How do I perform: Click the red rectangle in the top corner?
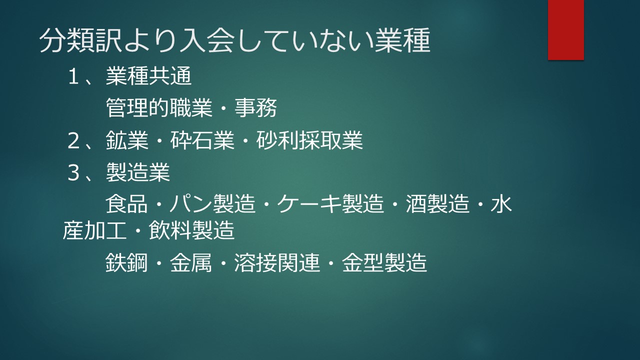(565, 29)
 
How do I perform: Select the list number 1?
(73, 76)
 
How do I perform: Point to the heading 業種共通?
(148, 76)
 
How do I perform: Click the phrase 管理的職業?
(159, 108)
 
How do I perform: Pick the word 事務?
(255, 108)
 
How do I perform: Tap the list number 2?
(73, 140)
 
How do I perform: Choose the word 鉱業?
(127, 140)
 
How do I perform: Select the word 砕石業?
(202, 140)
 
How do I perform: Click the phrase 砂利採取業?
(309, 140)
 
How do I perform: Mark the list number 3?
(73, 172)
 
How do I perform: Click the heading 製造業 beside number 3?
(138, 172)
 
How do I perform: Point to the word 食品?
(126, 204)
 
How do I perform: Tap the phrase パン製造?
(212, 204)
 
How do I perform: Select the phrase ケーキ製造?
(330, 204)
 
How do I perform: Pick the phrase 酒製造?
(437, 204)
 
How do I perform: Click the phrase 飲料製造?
(191, 230)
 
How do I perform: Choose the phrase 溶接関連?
(277, 262)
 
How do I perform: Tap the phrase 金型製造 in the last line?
(384, 262)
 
